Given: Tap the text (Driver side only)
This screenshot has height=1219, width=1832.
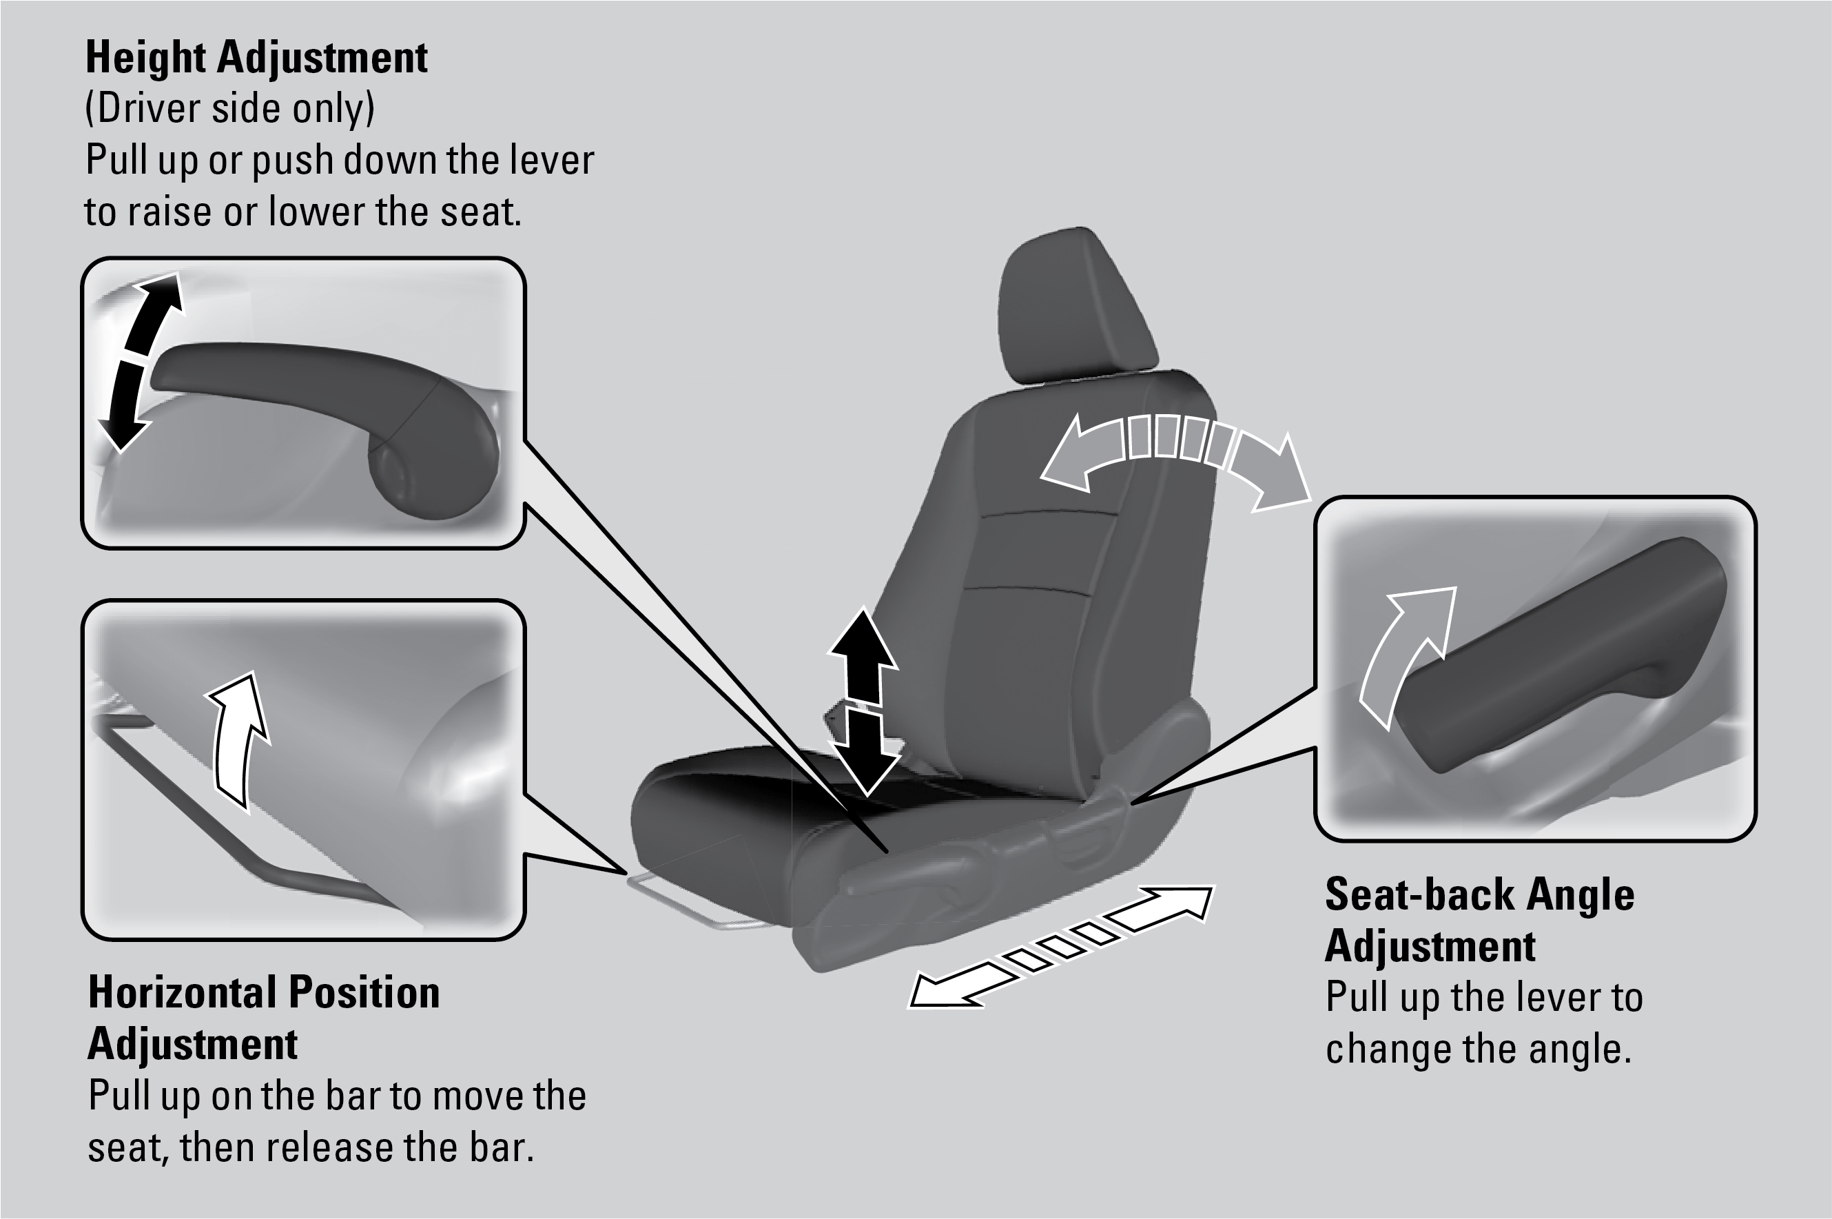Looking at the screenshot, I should click(230, 109).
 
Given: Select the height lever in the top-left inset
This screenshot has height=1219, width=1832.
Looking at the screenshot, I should click(327, 389).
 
